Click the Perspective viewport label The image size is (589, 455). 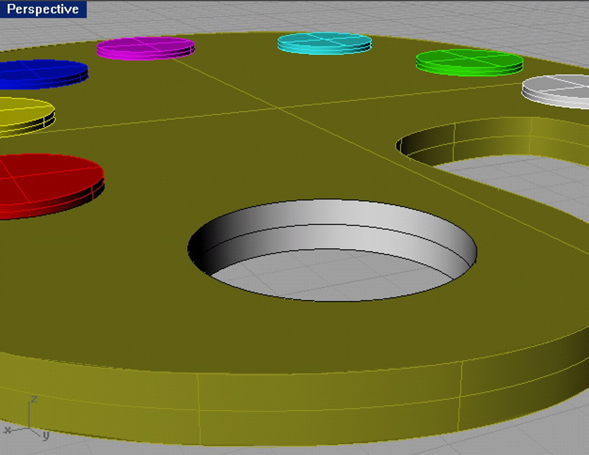[43, 9]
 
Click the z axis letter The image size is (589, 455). [34, 399]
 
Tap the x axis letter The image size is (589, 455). [7, 430]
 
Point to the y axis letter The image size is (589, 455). [46, 435]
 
